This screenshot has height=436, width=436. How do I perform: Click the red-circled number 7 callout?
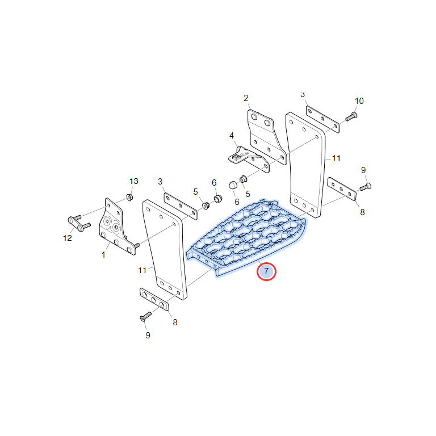(266, 271)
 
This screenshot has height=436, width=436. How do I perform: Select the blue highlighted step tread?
(246, 237)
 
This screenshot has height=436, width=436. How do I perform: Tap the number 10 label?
(359, 101)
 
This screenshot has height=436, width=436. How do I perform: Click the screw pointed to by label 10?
(351, 116)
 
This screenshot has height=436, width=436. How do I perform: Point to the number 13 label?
(134, 181)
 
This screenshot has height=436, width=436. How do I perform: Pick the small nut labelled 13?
(129, 198)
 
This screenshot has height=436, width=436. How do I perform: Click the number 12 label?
(68, 238)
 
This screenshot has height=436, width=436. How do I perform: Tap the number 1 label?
(103, 255)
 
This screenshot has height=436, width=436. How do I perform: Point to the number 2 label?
(246, 98)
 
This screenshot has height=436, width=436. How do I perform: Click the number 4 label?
(232, 136)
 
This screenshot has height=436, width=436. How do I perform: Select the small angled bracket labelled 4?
(248, 159)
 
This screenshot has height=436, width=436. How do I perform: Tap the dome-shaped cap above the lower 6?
(232, 185)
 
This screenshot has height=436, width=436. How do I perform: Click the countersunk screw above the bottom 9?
(146, 316)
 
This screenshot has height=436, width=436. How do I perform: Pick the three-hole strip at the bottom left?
(154, 299)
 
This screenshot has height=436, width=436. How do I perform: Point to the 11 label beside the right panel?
(337, 158)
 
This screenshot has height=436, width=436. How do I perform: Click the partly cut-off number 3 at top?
(303, 95)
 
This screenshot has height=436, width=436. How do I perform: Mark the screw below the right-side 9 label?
(366, 187)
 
